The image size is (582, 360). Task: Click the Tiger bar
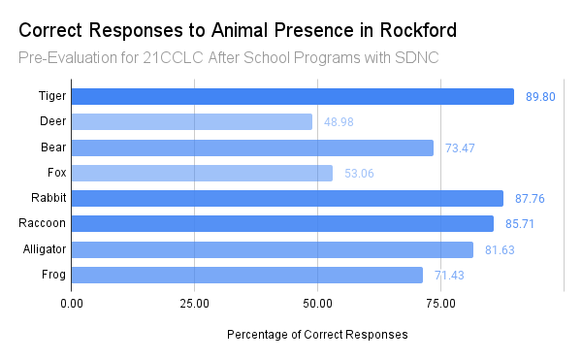(293, 96)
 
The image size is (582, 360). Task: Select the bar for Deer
(192, 121)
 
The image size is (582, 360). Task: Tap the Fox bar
(202, 173)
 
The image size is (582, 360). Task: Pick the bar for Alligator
(273, 249)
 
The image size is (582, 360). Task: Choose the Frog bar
(247, 275)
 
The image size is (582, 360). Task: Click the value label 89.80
(540, 97)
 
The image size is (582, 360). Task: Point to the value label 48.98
(339, 122)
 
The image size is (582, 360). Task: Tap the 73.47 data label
(460, 148)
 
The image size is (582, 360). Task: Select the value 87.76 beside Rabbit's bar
(530, 199)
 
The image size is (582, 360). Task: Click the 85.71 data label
(520, 224)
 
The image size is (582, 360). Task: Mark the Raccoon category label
(43, 223)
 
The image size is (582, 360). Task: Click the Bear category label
(53, 147)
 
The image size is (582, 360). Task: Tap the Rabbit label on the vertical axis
(48, 198)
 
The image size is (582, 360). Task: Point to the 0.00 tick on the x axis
(72, 304)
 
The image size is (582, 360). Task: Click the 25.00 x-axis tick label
(195, 304)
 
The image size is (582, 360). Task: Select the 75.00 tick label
(440, 304)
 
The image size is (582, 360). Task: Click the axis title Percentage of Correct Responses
(317, 335)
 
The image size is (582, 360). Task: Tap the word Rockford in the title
(418, 30)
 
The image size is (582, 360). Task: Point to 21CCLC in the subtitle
(173, 58)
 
